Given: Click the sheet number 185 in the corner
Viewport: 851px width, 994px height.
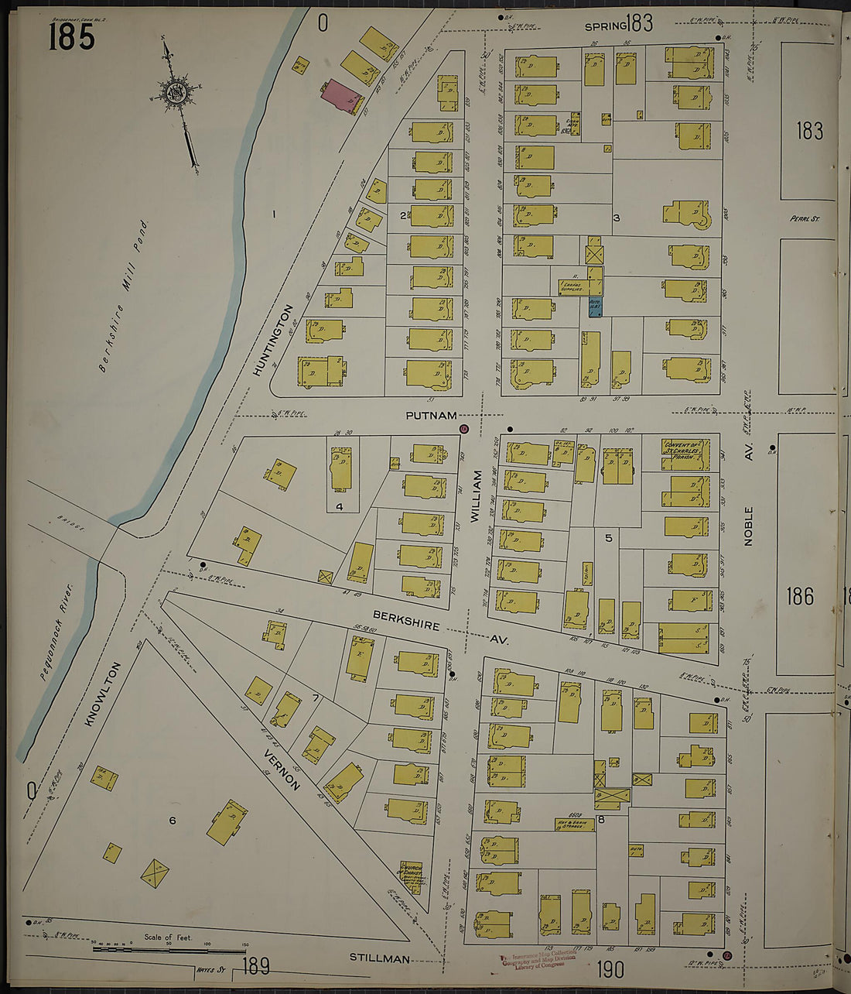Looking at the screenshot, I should [71, 36].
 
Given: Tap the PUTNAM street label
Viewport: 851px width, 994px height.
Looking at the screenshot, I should [431, 416].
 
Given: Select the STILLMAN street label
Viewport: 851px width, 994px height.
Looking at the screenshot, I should [379, 959].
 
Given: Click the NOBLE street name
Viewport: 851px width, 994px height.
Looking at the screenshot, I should [748, 526].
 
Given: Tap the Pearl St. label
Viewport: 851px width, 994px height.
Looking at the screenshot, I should [805, 219].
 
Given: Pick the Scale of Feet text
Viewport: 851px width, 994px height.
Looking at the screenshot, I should [168, 937].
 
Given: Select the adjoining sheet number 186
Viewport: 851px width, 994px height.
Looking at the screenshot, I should [799, 596].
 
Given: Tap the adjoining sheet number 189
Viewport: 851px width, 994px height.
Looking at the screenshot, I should [255, 965].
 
